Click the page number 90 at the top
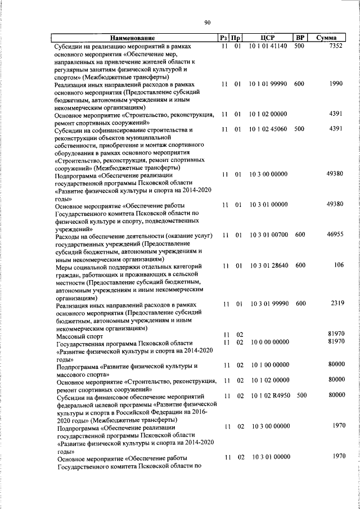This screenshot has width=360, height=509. [x=207, y=22]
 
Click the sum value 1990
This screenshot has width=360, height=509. [x=336, y=84]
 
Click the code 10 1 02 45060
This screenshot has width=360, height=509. [x=268, y=129]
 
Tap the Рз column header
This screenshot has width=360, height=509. [x=223, y=38]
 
